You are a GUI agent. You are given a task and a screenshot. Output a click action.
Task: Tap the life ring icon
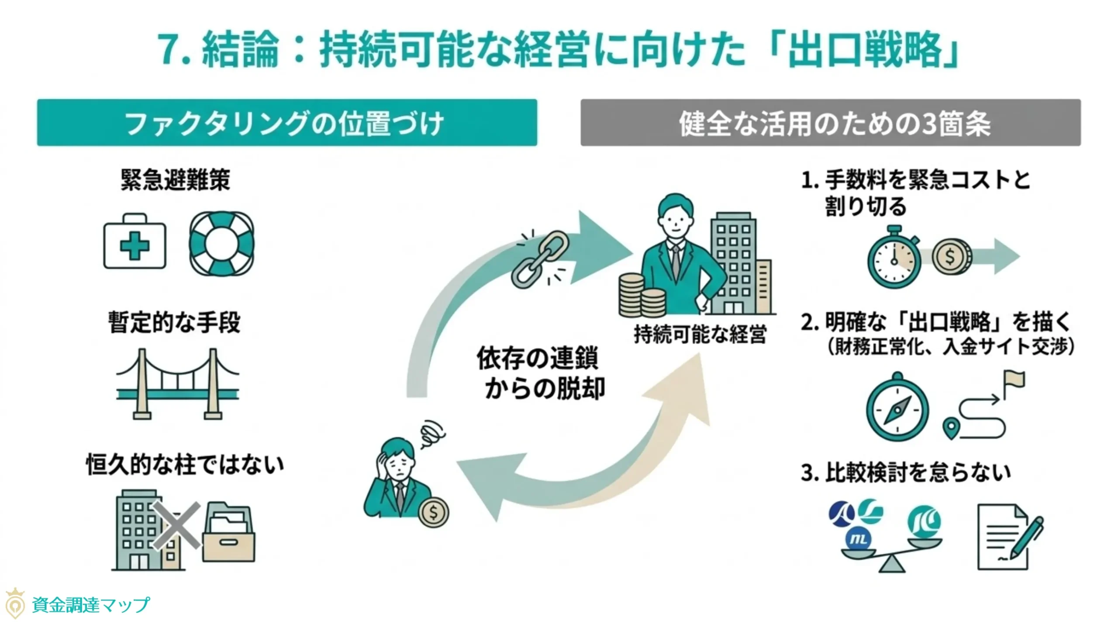coord(221,243)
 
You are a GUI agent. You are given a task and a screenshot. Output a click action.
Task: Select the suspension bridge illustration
coord(177,384)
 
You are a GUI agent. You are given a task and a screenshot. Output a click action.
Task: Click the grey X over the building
coord(177,526)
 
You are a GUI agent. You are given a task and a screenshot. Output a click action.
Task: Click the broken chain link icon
coord(540,259)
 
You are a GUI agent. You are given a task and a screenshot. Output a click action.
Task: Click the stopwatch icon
coord(894,259)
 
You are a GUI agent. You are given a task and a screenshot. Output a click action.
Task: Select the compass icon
coord(897,408)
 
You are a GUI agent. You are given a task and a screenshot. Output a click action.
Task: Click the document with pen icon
coord(1007,537)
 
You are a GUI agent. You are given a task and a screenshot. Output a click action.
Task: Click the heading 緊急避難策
coord(175,179)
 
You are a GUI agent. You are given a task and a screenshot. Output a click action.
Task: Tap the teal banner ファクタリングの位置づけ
coord(287,123)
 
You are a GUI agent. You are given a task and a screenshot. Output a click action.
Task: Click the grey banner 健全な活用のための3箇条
coord(830,123)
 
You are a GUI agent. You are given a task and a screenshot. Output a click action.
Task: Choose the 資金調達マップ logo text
coord(91,605)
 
